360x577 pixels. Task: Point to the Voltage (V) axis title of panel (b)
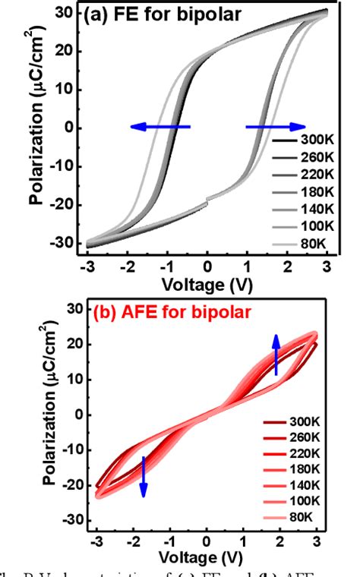(206, 559)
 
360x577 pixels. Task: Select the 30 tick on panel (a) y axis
(71, 13)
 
